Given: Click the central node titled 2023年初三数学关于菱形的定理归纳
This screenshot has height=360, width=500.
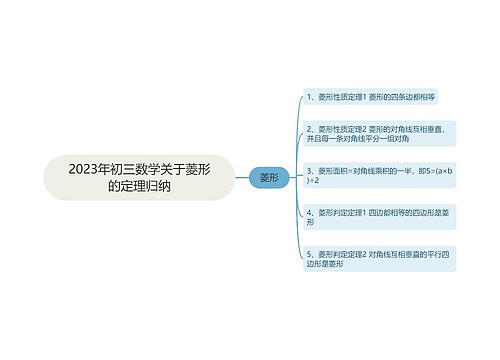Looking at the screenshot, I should [x=139, y=177].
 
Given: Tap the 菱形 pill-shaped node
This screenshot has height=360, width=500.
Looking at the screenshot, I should [x=268, y=177].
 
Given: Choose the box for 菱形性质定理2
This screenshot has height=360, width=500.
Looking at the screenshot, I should [x=379, y=134].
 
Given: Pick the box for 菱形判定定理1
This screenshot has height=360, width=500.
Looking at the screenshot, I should [x=379, y=217].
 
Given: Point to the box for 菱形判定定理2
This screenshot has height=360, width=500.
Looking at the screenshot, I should [x=379, y=259].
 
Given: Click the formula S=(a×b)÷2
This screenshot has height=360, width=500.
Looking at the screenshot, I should [x=437, y=170].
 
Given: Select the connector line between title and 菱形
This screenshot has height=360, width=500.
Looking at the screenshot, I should [x=241, y=177].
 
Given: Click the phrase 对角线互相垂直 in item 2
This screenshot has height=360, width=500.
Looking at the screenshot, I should [x=414, y=129].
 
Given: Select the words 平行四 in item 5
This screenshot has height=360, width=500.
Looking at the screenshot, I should [x=439, y=254].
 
